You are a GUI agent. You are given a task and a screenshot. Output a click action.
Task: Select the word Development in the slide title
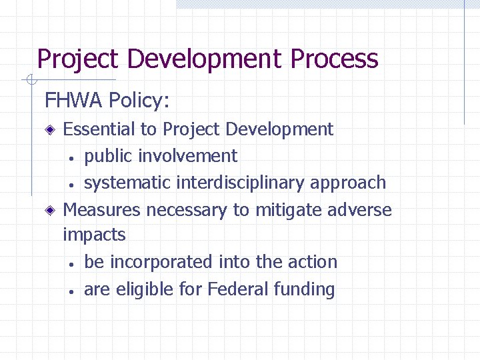pyautogui.click(x=205, y=59)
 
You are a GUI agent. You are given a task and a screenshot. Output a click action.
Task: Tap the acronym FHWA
pyautogui.click(x=73, y=101)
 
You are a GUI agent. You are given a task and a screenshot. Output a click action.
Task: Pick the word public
pyautogui.click(x=108, y=156)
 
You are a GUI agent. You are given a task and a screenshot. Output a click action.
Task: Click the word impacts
pyautogui.click(x=94, y=235)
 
